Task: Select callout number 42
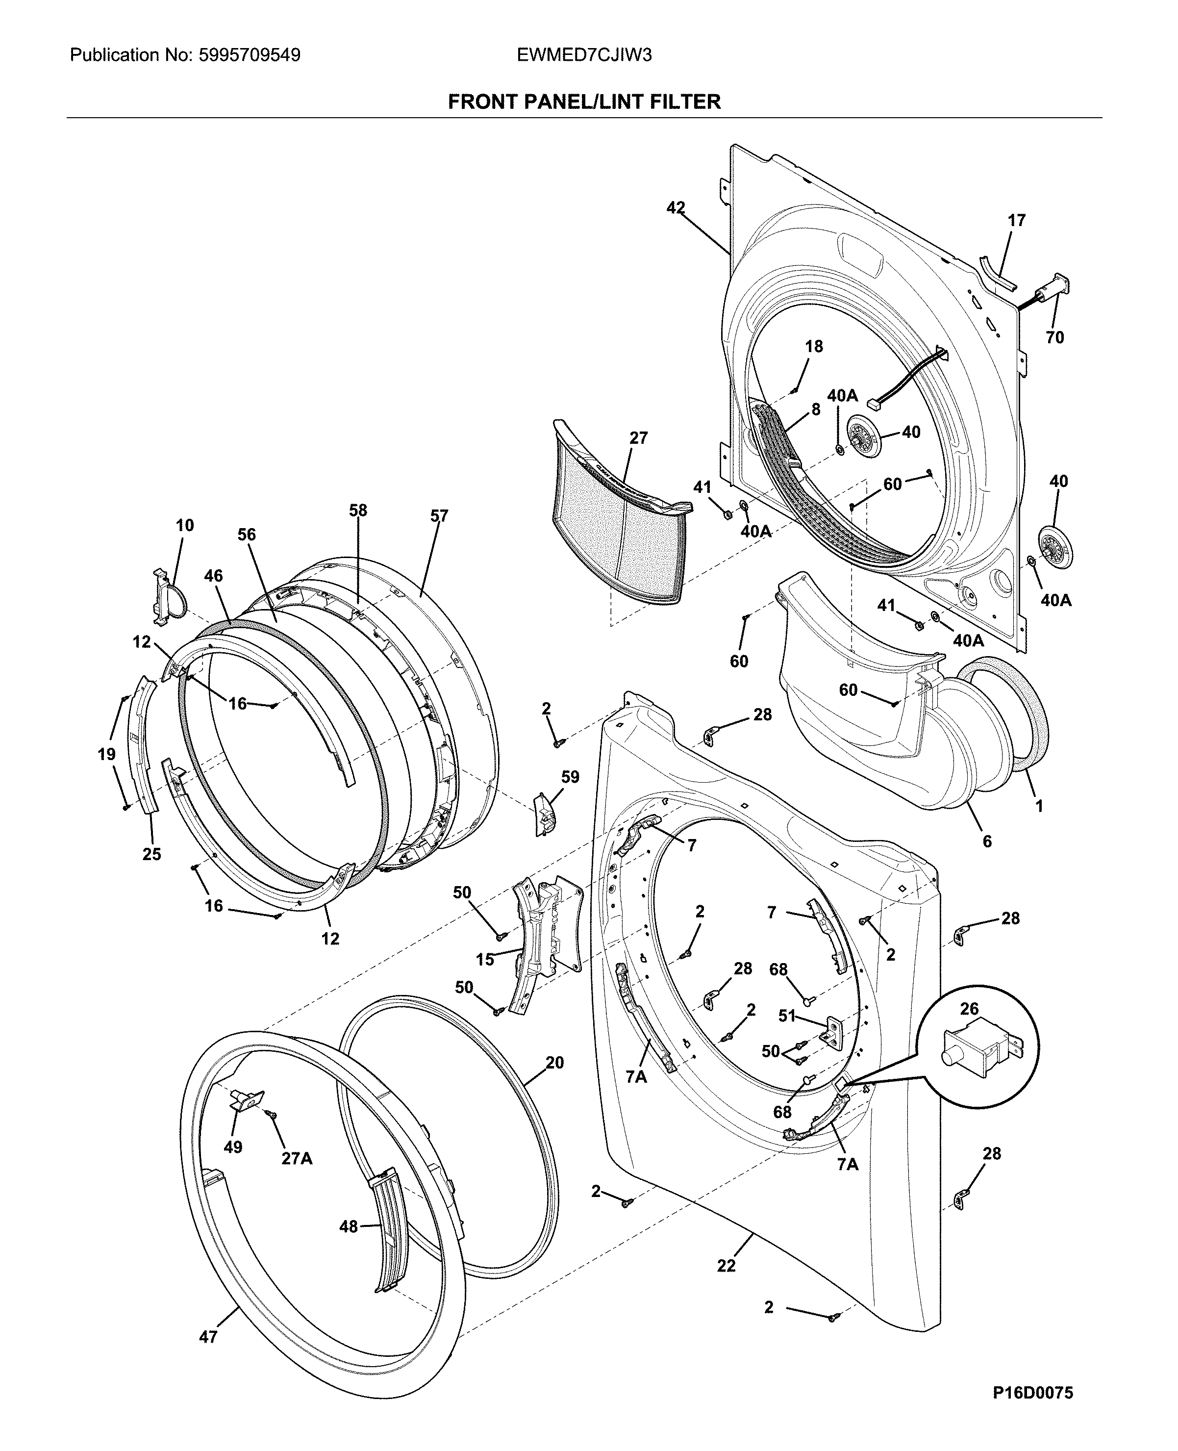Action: (675, 208)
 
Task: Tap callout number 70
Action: (1054, 337)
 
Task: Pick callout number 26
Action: (969, 1009)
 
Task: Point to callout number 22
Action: (726, 1266)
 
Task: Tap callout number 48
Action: (348, 1226)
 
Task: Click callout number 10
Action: (185, 525)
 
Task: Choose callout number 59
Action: (570, 777)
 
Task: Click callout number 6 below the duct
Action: (987, 841)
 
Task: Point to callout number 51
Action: (786, 1016)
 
